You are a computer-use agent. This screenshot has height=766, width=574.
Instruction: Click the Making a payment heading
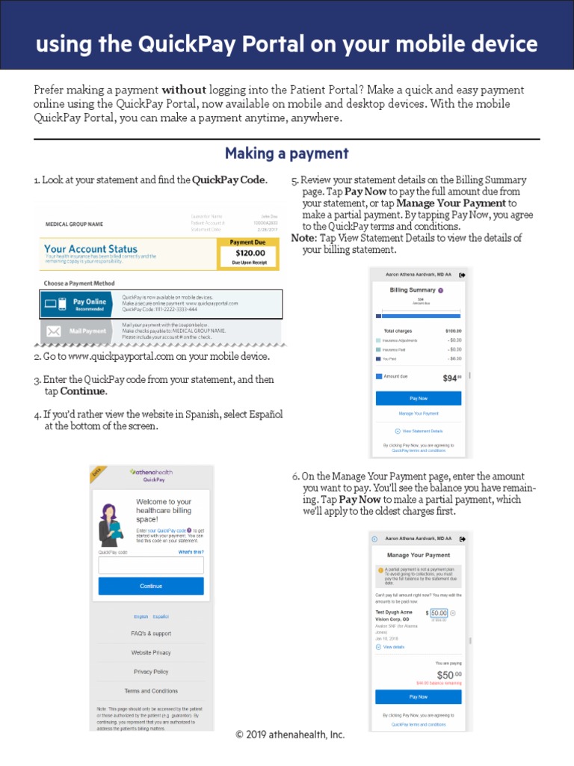[287, 153]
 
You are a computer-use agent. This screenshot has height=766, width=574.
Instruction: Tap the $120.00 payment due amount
[250, 253]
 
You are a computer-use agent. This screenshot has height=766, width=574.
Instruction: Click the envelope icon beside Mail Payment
[54, 331]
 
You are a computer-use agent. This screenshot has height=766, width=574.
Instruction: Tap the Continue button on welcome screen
[151, 586]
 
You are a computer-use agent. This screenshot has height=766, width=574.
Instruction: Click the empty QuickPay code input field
[151, 565]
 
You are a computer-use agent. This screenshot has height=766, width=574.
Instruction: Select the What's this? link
[191, 552]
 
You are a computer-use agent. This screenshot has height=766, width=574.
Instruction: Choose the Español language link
[161, 616]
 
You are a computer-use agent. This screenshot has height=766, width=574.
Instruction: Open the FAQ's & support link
[151, 634]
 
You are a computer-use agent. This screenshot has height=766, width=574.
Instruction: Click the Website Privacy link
[151, 652]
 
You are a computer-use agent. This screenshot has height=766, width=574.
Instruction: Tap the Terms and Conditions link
[151, 690]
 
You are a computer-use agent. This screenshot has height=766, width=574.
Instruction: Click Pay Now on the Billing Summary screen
[419, 399]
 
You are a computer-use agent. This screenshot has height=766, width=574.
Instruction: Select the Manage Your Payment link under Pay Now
[419, 414]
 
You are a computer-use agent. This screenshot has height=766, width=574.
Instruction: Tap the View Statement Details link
[422, 431]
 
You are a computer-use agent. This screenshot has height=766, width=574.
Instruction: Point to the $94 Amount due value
[451, 378]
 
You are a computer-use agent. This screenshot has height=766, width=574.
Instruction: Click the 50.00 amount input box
[439, 613]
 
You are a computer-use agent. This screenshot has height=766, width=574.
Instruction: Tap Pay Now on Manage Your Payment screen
[419, 696]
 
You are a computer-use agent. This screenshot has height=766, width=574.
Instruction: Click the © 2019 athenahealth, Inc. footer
[290, 735]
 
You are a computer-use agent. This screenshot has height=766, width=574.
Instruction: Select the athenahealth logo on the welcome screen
[152, 472]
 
